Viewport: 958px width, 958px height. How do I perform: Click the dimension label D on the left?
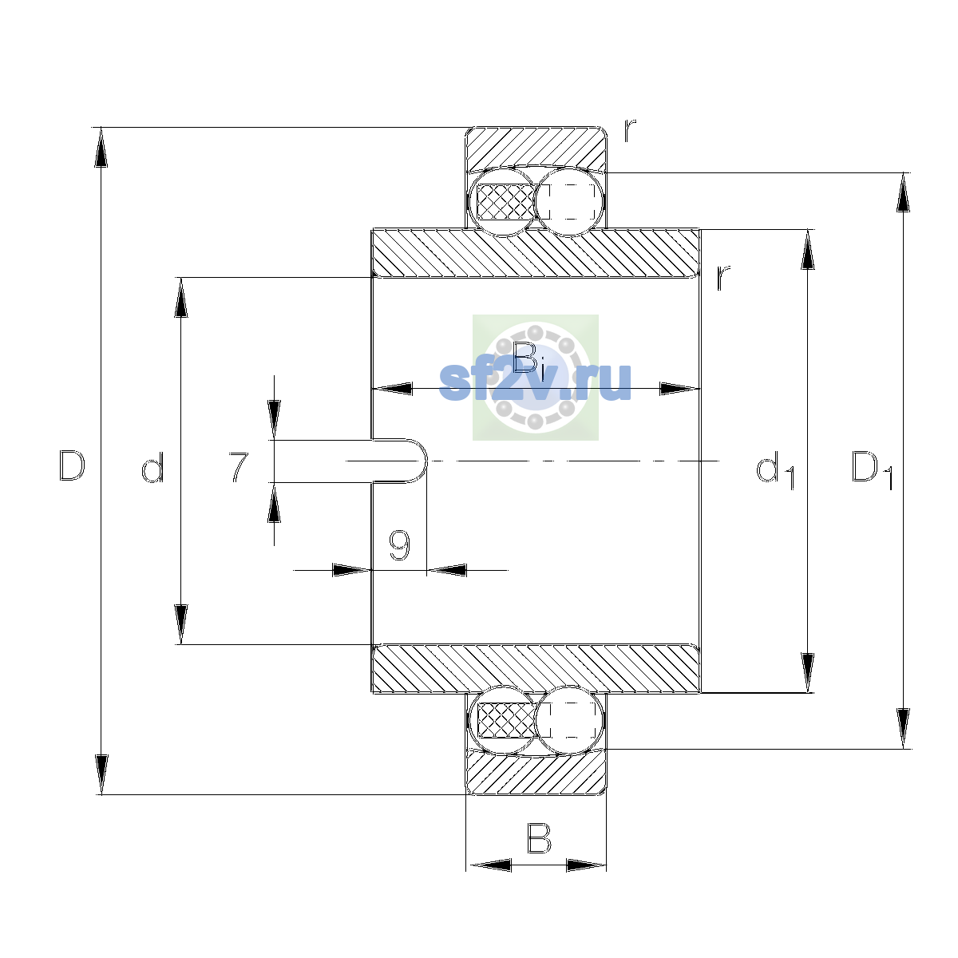click(72, 465)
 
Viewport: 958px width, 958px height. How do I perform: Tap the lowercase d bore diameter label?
click(152, 466)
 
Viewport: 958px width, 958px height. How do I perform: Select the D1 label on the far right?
click(872, 469)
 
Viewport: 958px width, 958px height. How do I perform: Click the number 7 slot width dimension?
click(239, 466)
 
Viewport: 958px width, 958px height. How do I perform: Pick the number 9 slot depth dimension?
click(399, 544)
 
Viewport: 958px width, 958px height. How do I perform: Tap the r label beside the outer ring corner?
click(630, 130)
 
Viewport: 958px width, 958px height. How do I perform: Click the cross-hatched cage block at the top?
click(505, 201)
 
